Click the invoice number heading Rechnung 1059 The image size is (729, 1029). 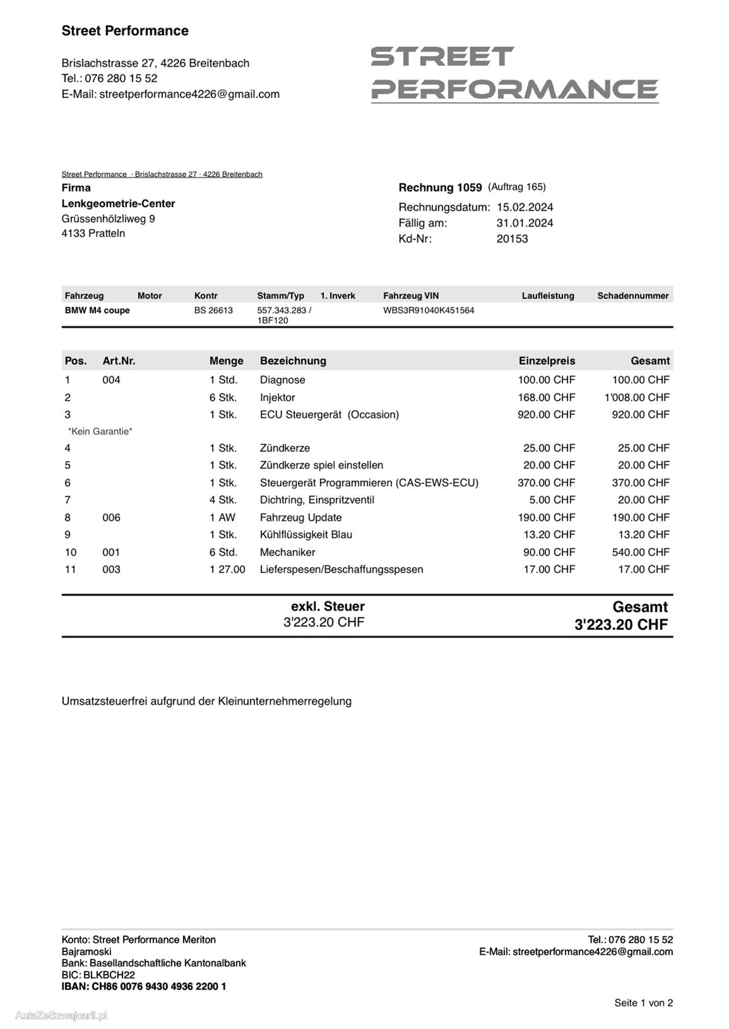[x=440, y=188]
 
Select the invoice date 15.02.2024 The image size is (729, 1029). [x=524, y=207]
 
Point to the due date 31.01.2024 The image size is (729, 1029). [x=524, y=223]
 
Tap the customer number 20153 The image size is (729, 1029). [x=512, y=239]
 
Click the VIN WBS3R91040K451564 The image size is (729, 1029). [x=429, y=310]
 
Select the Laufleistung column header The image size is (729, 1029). [x=547, y=296]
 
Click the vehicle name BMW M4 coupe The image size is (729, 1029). [x=97, y=310]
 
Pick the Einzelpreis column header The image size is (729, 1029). [x=546, y=361]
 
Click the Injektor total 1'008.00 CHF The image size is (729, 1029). [x=637, y=397]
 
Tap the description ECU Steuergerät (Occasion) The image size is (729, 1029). [x=329, y=414]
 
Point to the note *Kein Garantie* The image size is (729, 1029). [x=100, y=431]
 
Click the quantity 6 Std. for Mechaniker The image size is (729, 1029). [x=223, y=552]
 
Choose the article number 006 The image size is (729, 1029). [x=111, y=518]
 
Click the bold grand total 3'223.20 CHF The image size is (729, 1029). [x=621, y=625]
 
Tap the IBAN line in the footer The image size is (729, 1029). [x=143, y=987]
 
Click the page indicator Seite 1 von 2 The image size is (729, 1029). [x=643, y=1003]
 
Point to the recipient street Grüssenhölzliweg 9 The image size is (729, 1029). [x=108, y=219]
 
